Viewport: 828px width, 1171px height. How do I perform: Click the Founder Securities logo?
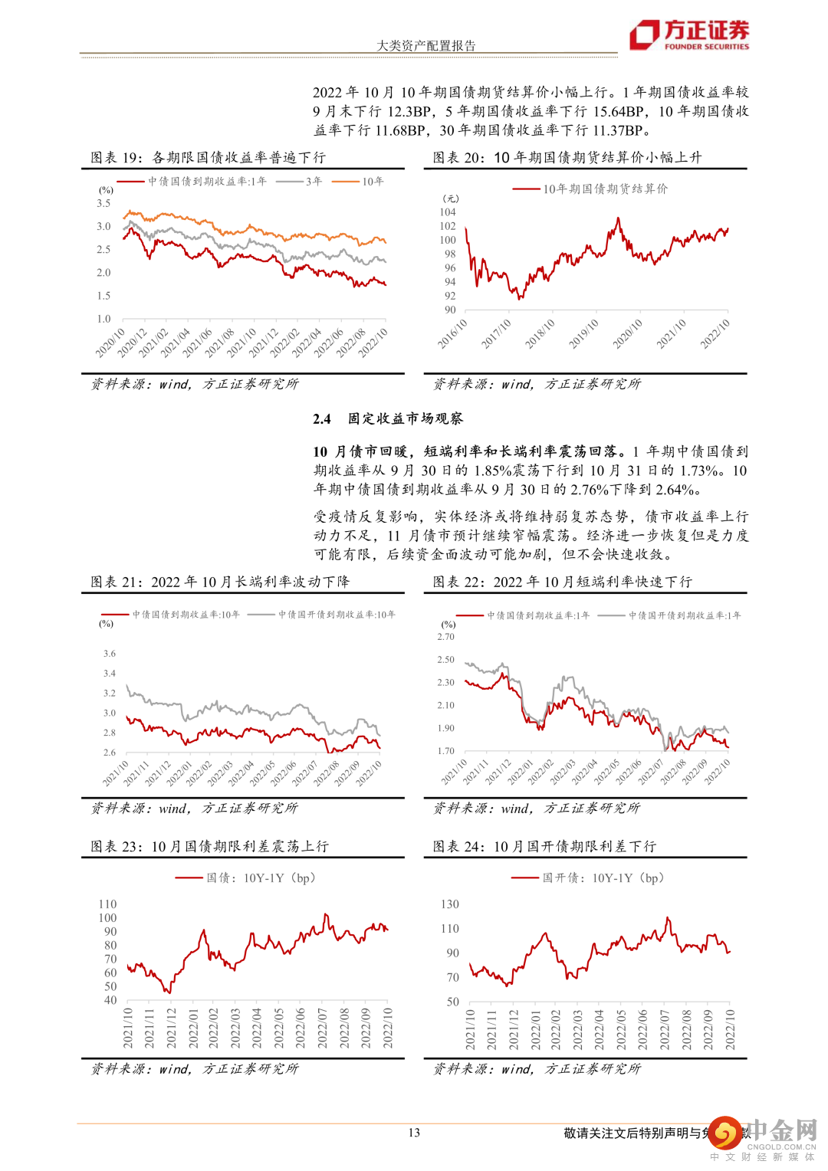click(689, 34)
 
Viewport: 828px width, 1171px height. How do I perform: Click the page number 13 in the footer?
click(414, 1133)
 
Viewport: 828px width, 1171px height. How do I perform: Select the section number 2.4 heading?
click(322, 418)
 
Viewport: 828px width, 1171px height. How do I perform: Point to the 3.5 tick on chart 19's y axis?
click(103, 203)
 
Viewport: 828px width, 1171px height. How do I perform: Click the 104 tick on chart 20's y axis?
click(448, 212)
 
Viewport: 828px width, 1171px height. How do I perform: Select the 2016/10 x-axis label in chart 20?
click(452, 334)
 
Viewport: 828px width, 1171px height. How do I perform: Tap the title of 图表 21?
click(220, 582)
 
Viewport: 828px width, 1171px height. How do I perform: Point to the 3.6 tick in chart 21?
click(110, 654)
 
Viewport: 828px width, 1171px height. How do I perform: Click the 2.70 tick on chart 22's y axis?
click(445, 637)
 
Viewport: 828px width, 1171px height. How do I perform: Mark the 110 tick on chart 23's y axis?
click(108, 904)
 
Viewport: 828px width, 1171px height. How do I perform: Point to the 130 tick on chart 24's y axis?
click(450, 904)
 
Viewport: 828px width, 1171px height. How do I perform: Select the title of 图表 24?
click(544, 846)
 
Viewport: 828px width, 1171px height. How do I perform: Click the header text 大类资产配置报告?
click(426, 46)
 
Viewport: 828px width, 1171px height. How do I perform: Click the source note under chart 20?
click(537, 384)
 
